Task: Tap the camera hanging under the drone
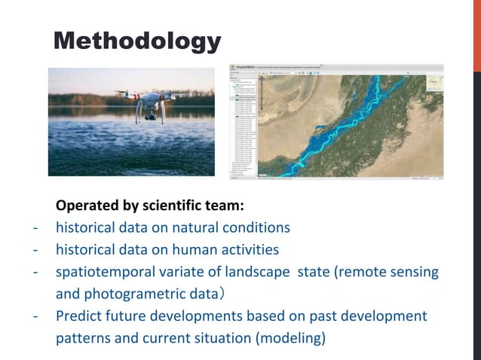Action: pos(152,114)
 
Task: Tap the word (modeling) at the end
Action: pos(291,338)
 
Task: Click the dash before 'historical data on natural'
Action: pos(35,227)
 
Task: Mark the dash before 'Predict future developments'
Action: pos(35,316)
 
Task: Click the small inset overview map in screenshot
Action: pos(434,81)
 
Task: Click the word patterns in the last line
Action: pos(83,338)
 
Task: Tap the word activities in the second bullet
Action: pos(250,249)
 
